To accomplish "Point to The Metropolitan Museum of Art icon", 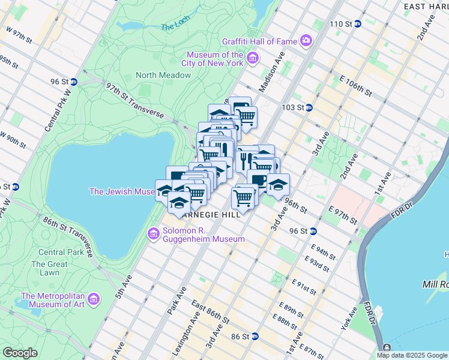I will click(93, 299).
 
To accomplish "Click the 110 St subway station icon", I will click(358, 24).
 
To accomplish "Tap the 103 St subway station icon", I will click(309, 108).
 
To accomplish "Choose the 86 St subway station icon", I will click(255, 337).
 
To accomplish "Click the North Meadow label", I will click(163, 75).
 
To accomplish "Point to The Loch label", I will click(175, 27).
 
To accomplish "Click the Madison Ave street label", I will click(270, 79).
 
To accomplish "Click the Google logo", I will click(20, 353).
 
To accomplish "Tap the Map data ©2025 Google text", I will click(412, 355).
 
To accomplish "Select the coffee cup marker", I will click(259, 179).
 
